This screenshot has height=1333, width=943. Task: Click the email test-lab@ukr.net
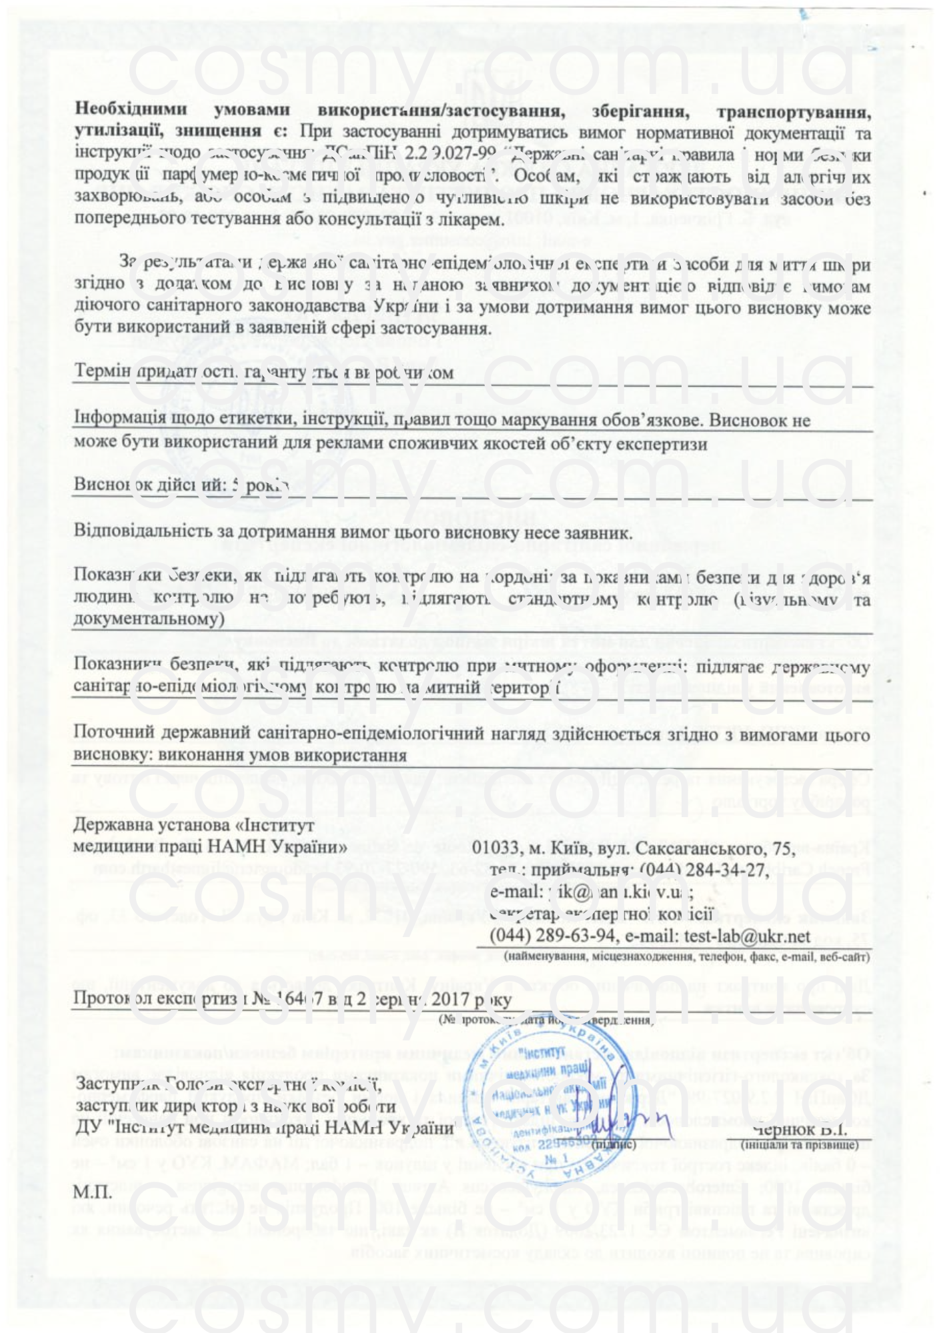click(748, 935)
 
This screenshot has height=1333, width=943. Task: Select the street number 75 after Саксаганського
click(782, 849)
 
